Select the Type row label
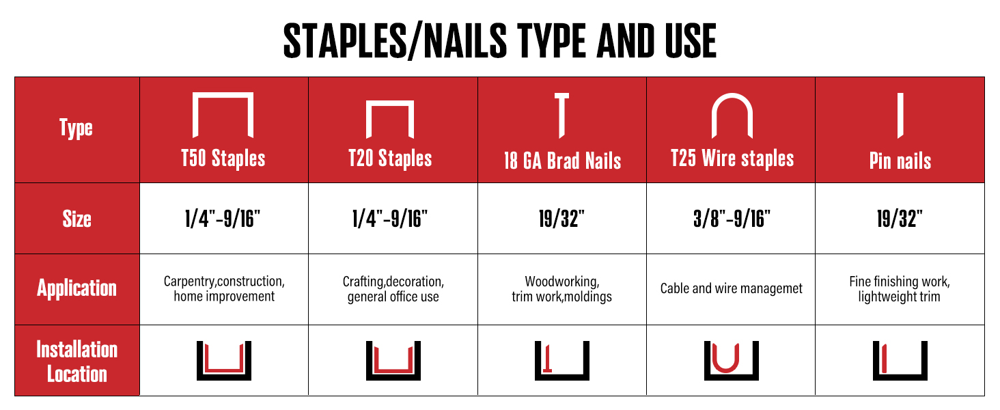pos(76,128)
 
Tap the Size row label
pos(77,219)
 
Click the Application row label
pos(77,288)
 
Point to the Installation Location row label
pos(77,361)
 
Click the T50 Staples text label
pos(223,159)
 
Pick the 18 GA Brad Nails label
pos(561,161)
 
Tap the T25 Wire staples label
pos(732,159)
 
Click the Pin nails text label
pos(900,161)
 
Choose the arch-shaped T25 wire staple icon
pos(732,114)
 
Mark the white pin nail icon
pos(900,115)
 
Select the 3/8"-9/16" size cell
pos(732,219)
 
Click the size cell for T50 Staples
pos(224,219)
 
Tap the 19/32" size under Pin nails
pos(900,219)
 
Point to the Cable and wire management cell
pos(731,288)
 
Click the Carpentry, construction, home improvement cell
pos(224,288)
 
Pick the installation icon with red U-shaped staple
pos(732,360)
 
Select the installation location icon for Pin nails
pos(900,360)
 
